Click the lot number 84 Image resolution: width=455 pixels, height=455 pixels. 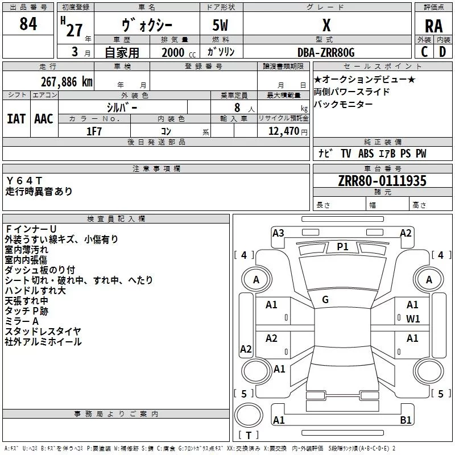[28, 24]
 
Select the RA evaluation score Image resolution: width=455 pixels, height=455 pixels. [433, 26]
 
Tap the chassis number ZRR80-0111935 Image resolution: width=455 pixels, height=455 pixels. [382, 181]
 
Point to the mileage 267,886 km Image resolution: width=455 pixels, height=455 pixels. [67, 81]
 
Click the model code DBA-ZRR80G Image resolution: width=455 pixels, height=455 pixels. [326, 52]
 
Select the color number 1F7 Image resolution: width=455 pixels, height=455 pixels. [94, 131]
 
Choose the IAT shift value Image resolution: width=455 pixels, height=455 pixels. [16, 118]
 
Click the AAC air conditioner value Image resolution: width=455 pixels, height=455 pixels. [44, 118]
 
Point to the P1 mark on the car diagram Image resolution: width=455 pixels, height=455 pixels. [342, 246]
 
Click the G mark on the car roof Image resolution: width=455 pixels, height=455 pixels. [325, 300]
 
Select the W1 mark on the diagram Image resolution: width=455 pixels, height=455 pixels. [413, 318]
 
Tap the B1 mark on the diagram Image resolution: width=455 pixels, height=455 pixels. [406, 420]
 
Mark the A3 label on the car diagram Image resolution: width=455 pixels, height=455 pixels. [278, 233]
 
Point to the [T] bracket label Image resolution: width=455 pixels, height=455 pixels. [248, 436]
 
